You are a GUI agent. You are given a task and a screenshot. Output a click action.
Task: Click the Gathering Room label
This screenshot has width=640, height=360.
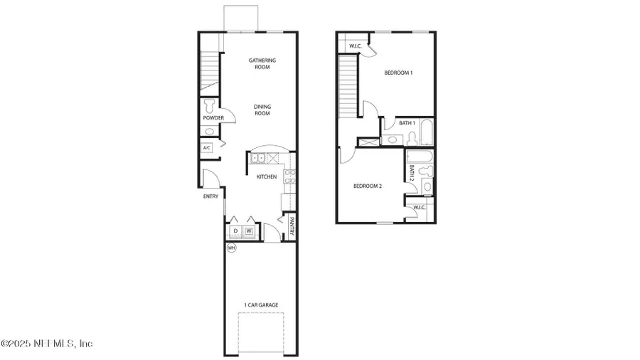(x=262, y=63)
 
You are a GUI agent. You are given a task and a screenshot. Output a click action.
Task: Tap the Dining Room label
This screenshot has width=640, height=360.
(x=262, y=110)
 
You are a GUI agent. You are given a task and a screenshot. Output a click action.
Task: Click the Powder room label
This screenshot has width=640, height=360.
(x=213, y=118)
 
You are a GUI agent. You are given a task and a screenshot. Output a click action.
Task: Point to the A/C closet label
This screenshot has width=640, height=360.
(x=207, y=148)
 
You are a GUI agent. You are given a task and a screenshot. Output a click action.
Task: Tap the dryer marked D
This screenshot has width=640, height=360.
(x=235, y=231)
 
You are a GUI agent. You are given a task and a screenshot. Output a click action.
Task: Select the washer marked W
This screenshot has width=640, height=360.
(x=249, y=231)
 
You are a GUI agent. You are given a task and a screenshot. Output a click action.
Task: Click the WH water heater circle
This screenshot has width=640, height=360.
(x=231, y=248)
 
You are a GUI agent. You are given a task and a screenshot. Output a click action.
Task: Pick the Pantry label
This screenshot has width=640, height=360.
(x=291, y=228)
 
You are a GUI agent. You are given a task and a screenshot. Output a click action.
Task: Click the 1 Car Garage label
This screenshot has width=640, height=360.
(x=261, y=305)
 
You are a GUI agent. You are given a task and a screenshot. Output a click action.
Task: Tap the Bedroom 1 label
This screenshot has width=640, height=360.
(x=398, y=73)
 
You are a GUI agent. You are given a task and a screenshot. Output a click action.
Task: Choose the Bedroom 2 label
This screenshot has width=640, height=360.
(x=368, y=186)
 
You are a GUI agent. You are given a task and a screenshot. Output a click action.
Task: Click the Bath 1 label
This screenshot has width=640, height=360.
(x=406, y=123)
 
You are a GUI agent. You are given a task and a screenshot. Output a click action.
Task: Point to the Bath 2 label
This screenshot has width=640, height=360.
(x=412, y=173)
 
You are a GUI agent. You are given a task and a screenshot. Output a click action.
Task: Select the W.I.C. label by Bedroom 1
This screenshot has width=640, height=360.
(x=355, y=47)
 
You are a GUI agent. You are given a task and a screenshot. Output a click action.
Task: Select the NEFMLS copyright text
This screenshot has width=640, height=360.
(x=47, y=344)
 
